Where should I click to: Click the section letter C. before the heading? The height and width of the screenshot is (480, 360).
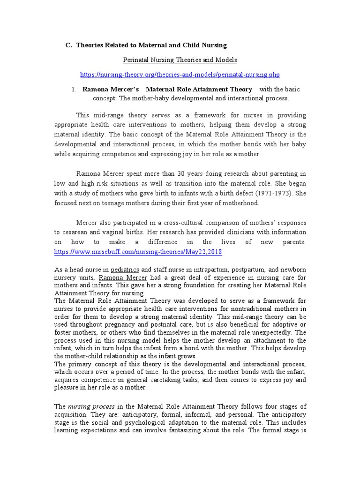[68, 45]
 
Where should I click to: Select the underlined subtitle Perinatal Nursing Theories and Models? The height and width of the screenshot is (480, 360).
[180, 60]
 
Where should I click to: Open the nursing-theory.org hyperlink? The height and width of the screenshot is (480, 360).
[180, 75]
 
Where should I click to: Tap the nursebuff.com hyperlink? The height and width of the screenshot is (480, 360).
[138, 252]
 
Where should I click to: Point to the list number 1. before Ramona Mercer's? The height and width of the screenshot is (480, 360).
[75, 89]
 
